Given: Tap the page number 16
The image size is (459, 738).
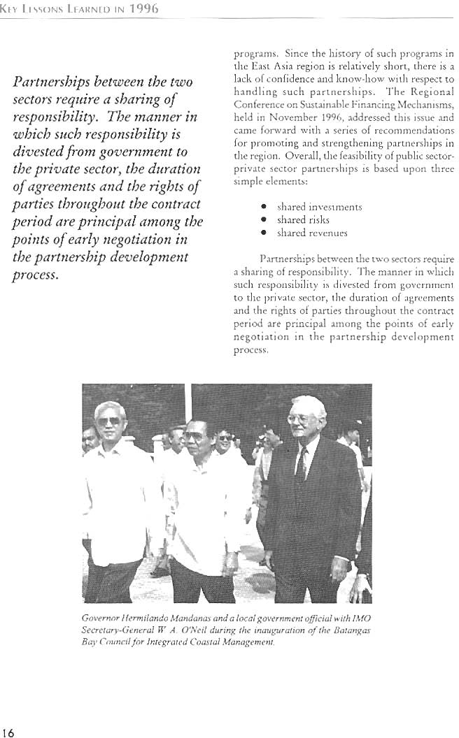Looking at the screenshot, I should tap(8, 732).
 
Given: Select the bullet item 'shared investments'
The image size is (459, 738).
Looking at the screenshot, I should tap(310, 208).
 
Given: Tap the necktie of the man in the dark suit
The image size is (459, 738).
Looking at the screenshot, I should tap(300, 469).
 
